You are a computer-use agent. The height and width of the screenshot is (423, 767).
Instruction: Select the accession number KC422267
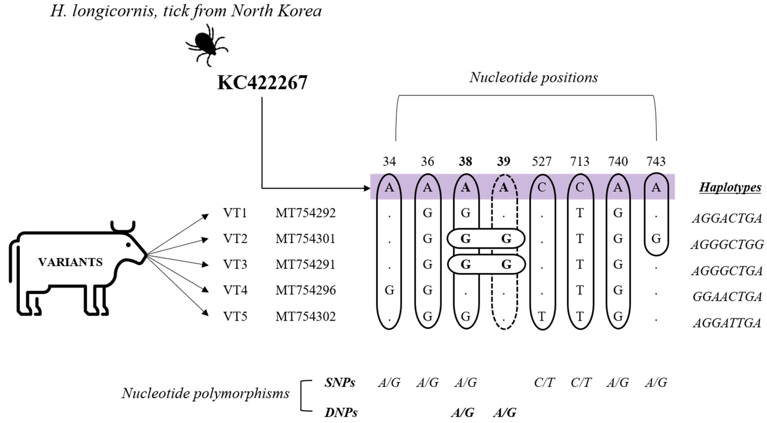click(262, 83)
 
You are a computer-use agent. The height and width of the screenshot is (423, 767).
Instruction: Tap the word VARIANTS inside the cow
click(71, 262)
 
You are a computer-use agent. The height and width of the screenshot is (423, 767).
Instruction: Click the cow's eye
click(128, 245)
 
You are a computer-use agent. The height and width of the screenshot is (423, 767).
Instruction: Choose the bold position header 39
click(504, 161)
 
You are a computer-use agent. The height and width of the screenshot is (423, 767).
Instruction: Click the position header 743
click(656, 161)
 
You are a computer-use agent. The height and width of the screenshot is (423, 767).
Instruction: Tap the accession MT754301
click(305, 239)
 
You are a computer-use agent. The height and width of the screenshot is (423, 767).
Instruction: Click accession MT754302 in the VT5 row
click(305, 316)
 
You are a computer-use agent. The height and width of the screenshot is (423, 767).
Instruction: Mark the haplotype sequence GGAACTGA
click(727, 297)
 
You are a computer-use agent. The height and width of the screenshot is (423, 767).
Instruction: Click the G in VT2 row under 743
click(656, 239)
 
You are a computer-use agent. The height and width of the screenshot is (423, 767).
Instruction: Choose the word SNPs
click(340, 383)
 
